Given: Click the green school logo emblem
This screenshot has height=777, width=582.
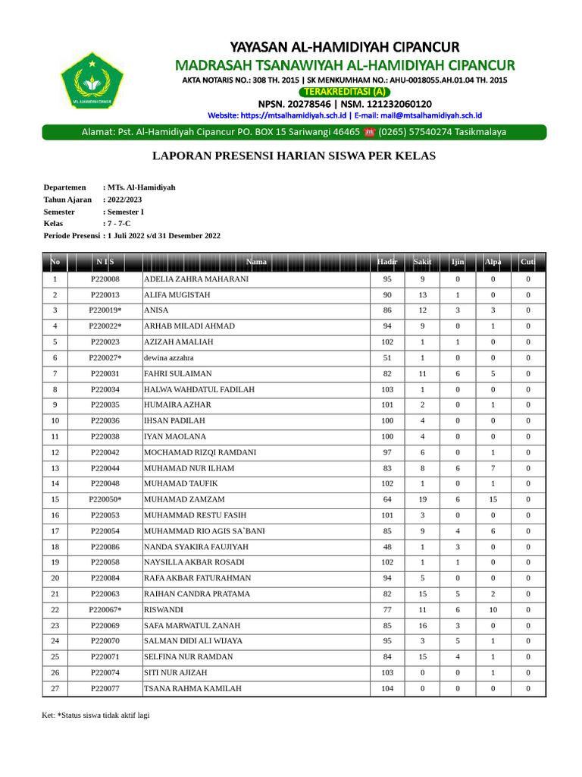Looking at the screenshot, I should (92, 79).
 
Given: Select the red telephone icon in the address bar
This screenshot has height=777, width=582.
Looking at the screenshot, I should (370, 132).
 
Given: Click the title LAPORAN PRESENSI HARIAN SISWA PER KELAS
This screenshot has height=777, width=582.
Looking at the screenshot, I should (294, 156).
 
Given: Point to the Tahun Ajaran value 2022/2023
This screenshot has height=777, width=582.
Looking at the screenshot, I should (125, 200).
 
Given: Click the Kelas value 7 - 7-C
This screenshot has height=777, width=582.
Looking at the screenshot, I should (119, 224).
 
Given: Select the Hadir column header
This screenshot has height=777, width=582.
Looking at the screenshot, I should (387, 263).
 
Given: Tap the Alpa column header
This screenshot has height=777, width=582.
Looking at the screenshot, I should (493, 263).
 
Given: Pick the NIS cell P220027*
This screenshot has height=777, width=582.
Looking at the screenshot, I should (105, 357).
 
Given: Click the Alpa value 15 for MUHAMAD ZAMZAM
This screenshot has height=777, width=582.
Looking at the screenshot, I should (493, 499).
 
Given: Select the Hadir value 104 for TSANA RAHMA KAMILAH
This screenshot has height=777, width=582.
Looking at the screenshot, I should (387, 688).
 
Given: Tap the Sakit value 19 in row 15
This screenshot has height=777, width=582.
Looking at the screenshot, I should (423, 499).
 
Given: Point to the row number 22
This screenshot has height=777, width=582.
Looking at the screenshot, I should (55, 609).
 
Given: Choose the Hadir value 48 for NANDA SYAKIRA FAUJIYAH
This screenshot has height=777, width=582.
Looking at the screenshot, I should (387, 546).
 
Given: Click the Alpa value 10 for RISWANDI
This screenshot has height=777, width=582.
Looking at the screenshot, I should (493, 609).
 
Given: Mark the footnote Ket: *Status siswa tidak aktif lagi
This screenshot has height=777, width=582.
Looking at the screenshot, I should (95, 715).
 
